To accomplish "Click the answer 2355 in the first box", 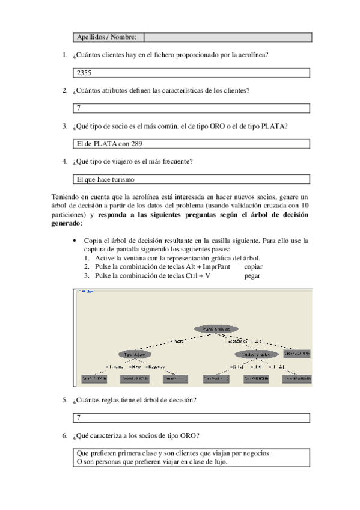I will [x=84, y=73].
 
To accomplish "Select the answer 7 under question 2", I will [x=79, y=109].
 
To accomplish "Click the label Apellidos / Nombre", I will [x=106, y=37].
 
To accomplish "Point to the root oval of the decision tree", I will [x=216, y=329].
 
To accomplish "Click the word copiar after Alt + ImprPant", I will [x=254, y=266].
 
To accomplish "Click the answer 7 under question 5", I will [x=79, y=417].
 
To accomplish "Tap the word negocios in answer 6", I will [x=253, y=453].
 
